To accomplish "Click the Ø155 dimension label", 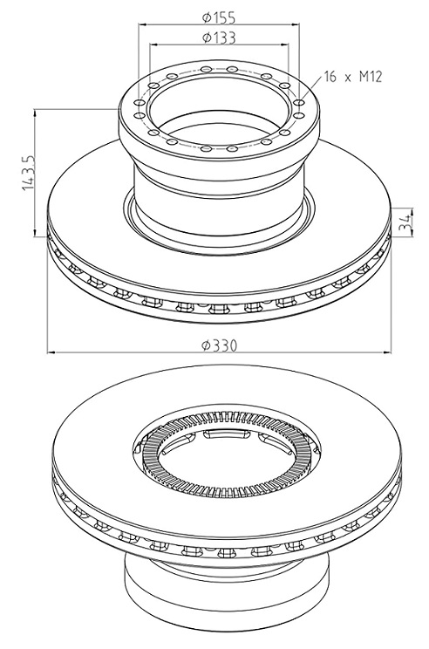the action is point(219,17).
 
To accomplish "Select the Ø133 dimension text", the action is point(219,38).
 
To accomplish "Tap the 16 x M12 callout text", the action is point(353,77).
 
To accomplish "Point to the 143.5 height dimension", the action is point(28,173).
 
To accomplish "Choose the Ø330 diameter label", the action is point(220,345).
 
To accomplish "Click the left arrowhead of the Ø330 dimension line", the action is point(52,352).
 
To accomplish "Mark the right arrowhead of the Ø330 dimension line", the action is point(386,352).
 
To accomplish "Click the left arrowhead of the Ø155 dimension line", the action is point(143,24).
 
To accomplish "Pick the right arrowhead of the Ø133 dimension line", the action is point(283,44).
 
